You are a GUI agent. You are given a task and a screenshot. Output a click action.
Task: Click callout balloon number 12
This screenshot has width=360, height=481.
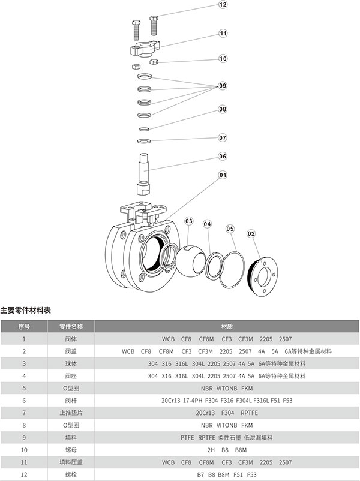pos(223,5)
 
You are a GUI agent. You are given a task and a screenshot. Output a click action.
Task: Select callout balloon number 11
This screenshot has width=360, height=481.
pos(223,34)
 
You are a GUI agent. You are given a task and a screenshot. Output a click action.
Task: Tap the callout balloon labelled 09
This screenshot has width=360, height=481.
pos(223,86)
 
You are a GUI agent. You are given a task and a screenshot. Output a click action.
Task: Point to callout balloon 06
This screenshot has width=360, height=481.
pos(223,157)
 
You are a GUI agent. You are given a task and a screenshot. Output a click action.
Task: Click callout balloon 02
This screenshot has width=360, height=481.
pos(251,233)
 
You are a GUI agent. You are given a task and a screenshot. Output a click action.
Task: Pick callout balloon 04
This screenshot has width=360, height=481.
pos(208,224)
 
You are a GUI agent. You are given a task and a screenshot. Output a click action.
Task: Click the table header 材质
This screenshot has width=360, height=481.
pos(227,327)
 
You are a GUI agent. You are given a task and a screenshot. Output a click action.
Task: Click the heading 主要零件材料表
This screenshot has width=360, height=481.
pos(26,311)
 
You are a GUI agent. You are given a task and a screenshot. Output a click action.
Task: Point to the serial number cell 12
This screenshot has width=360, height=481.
pos(24,474)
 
